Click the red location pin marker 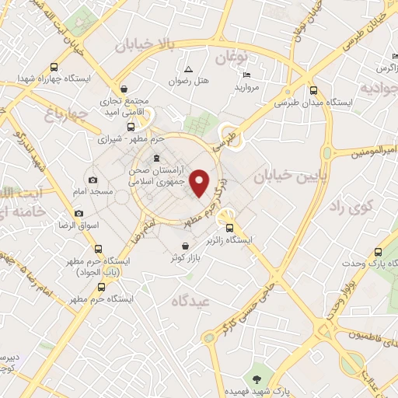201,182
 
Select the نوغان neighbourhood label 231,58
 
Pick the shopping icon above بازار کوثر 183,246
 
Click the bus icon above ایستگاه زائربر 229,228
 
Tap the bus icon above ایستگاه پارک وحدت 378,252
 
